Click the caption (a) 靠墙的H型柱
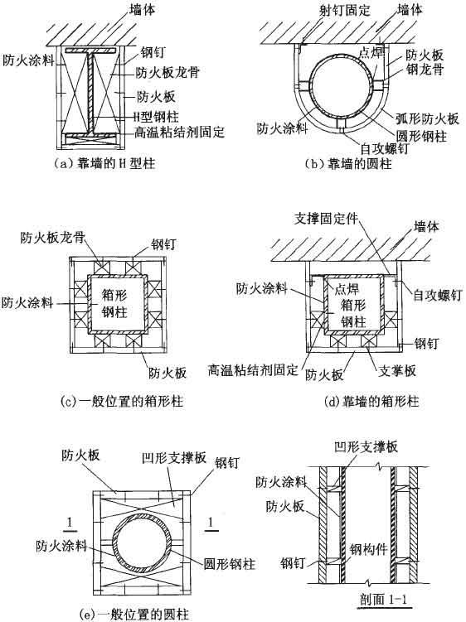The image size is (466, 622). pos(104,163)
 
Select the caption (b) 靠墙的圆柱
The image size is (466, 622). pos(348,164)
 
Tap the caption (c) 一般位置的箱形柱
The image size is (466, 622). pos(122,401)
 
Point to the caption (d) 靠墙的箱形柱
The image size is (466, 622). pos(371,402)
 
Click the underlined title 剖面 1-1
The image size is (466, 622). pos(384,599)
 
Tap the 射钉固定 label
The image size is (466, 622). pos(345,10)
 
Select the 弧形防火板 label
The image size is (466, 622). pos(428,118)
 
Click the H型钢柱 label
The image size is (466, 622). pos(155,116)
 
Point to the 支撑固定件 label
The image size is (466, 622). pos(326,219)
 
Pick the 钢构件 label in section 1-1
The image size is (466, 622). pos(368,549)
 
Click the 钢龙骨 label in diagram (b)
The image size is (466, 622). pos(425,70)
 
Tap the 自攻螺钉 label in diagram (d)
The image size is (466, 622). pos(438,295)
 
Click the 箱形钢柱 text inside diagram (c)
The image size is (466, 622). pos(114,302)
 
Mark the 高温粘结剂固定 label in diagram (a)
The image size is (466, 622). pos(179,132)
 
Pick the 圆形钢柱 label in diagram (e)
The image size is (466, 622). pos(229,564)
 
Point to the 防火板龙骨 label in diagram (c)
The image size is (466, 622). pos(53,237)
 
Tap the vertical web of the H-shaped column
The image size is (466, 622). pos(91,94)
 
